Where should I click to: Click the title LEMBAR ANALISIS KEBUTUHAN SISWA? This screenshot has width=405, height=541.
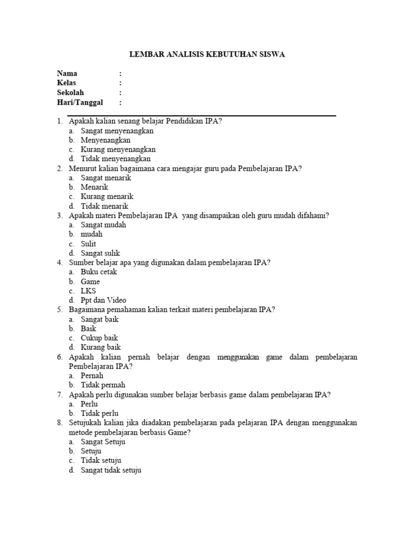(208, 54)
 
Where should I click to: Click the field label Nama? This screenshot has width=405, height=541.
(67, 73)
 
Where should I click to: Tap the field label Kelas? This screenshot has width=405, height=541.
(66, 83)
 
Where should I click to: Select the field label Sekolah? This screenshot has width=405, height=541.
(70, 92)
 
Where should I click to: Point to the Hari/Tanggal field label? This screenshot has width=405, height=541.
(80, 102)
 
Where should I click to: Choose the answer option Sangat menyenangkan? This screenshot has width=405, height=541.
(117, 130)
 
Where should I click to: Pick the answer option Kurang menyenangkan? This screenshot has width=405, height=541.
(118, 150)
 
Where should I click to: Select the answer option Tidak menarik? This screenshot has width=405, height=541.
(104, 206)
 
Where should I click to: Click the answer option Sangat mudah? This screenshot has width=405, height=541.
(103, 225)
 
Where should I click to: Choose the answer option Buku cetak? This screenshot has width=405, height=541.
(99, 272)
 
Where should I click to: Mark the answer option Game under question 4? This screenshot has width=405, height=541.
(90, 282)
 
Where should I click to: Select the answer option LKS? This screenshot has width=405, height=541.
(88, 291)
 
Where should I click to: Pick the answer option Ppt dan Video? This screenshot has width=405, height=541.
(103, 300)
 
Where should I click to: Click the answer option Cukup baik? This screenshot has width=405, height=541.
(99, 338)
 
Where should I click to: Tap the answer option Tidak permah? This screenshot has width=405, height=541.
(103, 385)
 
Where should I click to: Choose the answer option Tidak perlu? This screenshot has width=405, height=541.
(100, 413)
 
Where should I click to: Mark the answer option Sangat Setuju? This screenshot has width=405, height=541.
(103, 442)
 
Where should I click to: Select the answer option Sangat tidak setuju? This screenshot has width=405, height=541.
(111, 470)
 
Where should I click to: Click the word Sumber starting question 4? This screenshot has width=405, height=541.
(80, 263)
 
